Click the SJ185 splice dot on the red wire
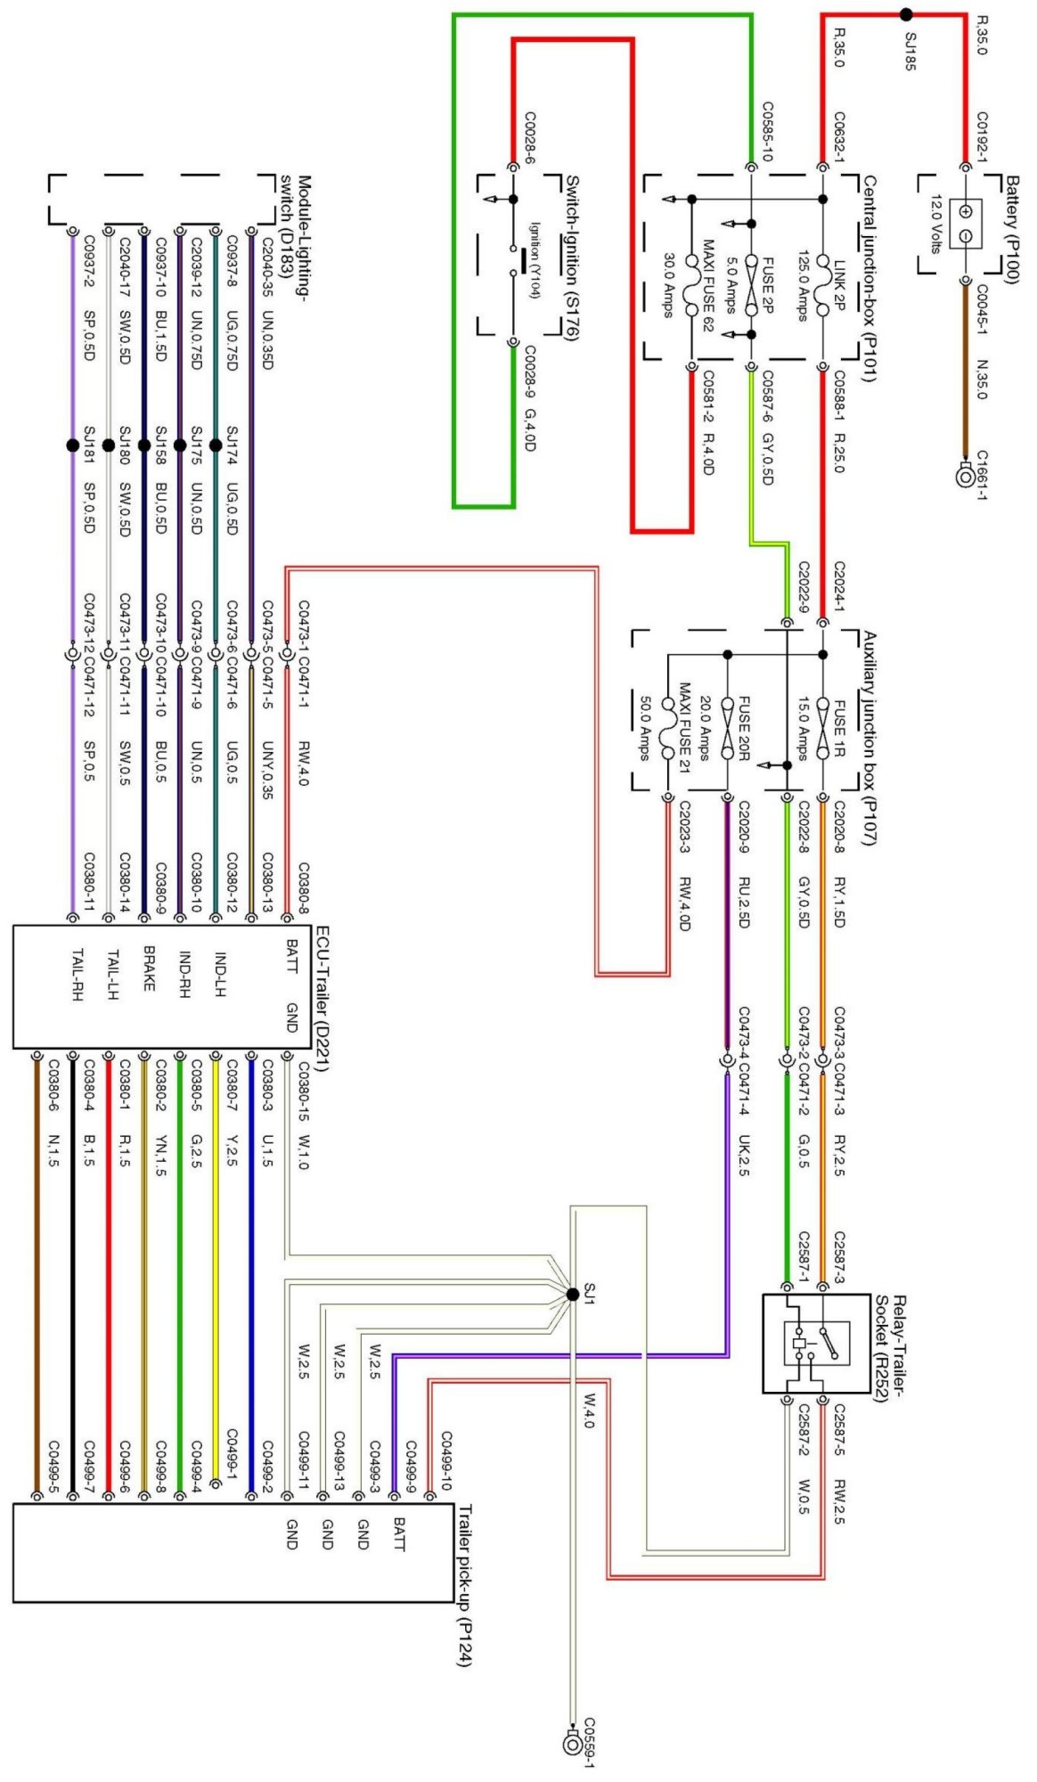click(906, 14)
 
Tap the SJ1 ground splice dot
click(572, 1295)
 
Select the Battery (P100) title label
click(1012, 230)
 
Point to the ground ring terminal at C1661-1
click(965, 477)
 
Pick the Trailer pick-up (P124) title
click(464, 1585)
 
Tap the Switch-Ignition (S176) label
click(572, 257)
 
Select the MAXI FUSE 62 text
click(708, 285)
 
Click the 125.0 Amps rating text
click(802, 285)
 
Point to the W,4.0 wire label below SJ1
click(588, 1411)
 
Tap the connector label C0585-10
click(766, 132)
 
